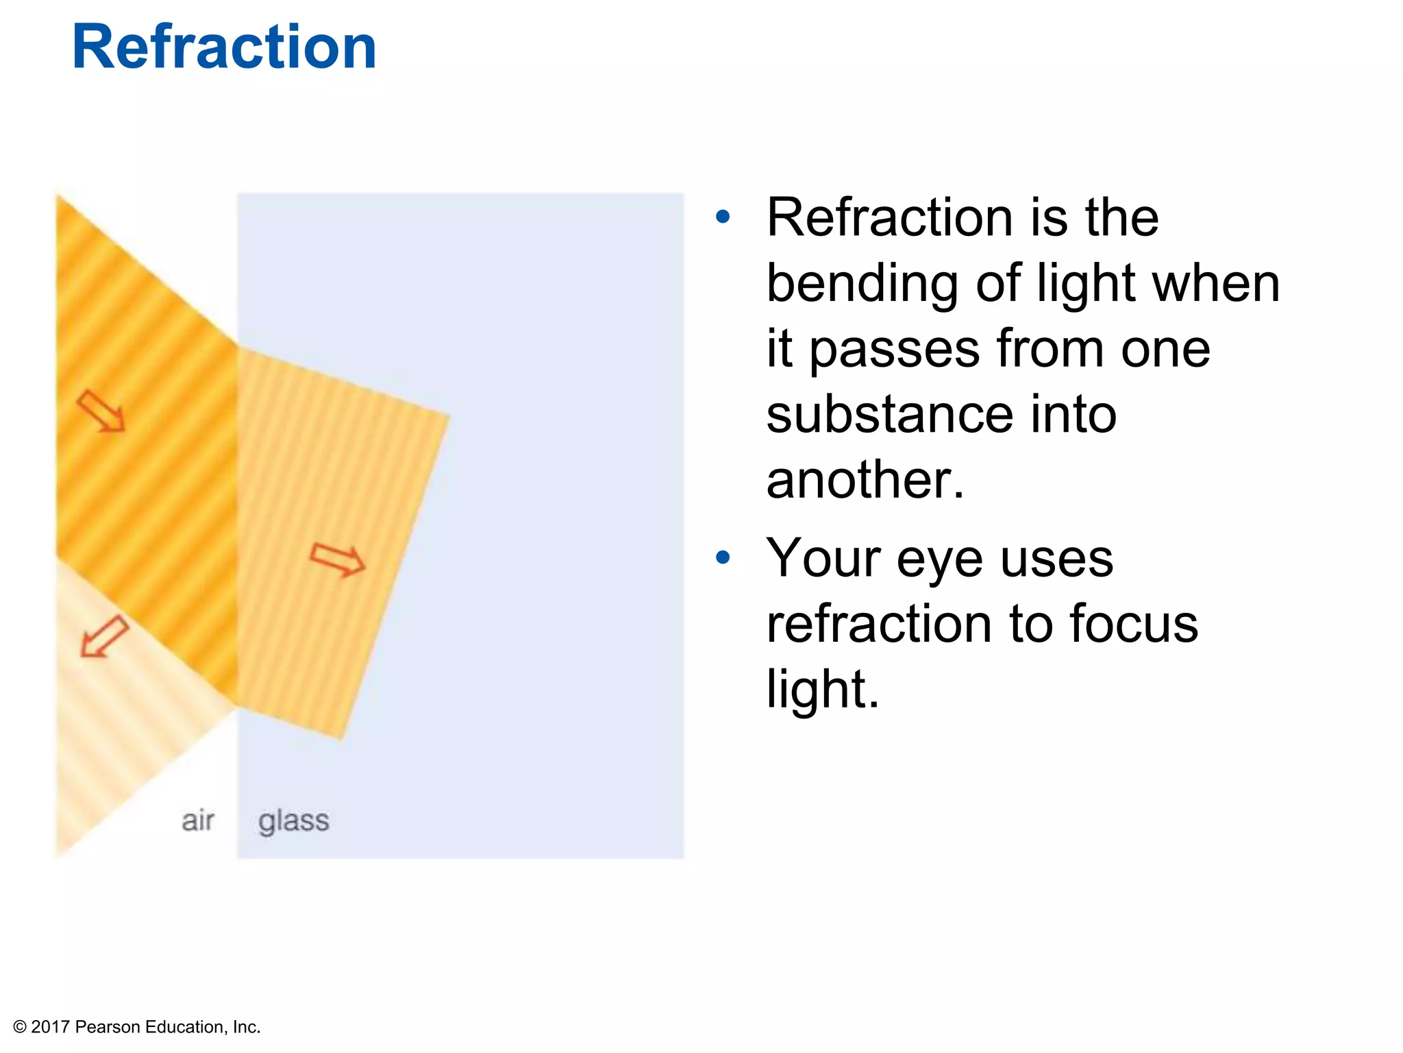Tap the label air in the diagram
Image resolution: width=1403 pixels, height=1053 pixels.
(197, 821)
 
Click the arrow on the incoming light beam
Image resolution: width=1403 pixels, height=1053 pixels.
(101, 411)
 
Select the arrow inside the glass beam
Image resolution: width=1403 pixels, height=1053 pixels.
(337, 559)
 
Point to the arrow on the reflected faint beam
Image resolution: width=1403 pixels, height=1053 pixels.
(104, 636)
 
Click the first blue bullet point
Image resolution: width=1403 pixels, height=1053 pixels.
(723, 217)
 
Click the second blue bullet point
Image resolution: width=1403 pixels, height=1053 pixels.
(723, 557)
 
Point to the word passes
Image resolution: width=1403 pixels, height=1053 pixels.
(894, 350)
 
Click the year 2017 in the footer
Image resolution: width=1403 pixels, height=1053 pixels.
(51, 1027)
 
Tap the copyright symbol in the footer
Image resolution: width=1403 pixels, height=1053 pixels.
(20, 1027)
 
